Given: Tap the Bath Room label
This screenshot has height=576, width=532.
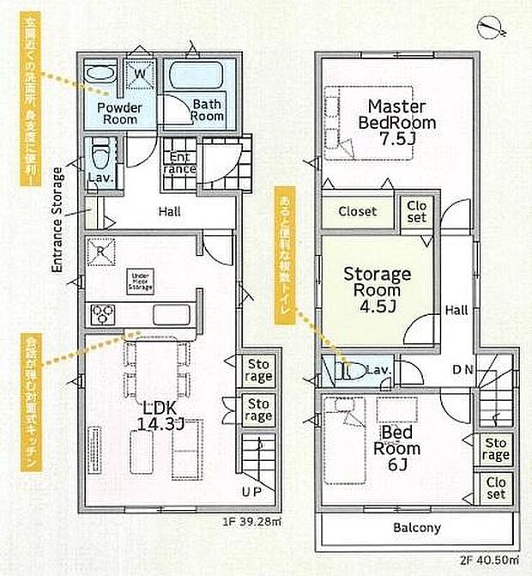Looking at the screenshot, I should click(x=208, y=111).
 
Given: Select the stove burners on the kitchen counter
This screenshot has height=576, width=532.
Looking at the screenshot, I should click(x=106, y=314).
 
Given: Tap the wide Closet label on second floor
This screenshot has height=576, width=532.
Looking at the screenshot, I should click(x=356, y=211).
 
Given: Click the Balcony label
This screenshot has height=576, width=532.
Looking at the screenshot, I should click(x=417, y=528).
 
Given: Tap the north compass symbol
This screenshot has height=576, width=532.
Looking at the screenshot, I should click(x=493, y=27).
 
